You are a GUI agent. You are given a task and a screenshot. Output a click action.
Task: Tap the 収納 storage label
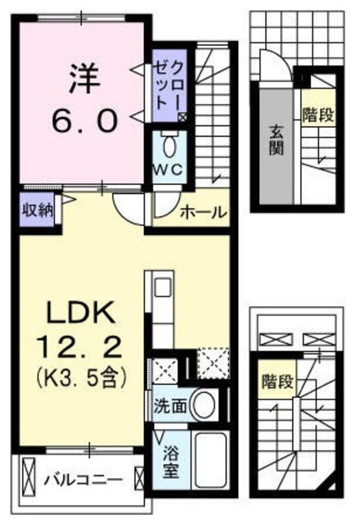pos(37,208)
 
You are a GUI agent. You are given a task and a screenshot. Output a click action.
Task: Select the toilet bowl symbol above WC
pos(169,147)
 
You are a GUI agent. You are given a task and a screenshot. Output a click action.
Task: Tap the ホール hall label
pos(202,212)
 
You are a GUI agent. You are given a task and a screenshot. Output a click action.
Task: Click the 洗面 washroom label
pos(169,404)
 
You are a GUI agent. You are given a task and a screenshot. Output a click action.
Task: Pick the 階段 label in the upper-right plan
pos(317,114)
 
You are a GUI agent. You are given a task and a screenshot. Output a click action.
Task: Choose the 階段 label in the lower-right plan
pos(276,382)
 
